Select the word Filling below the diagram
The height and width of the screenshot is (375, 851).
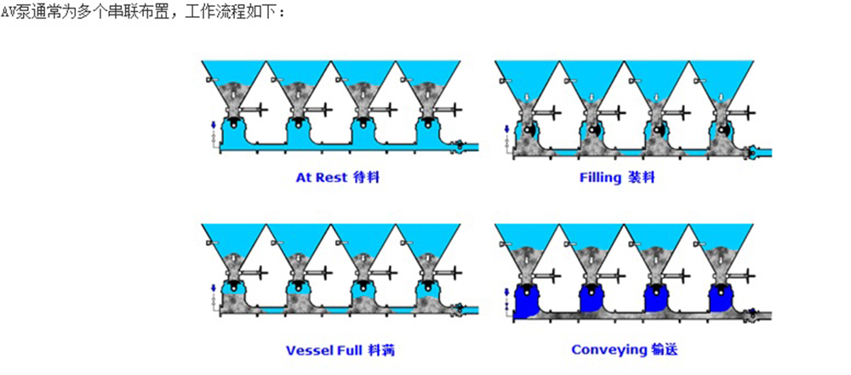point(601,179)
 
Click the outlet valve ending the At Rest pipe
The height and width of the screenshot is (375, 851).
point(460,146)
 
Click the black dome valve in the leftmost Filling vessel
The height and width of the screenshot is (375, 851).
point(529,128)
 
